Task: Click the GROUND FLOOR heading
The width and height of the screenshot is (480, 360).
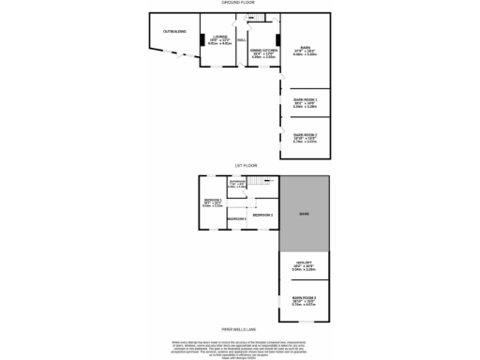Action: [240, 4]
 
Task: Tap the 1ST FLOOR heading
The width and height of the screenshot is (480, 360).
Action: [240, 167]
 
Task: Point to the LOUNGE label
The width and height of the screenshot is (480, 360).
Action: [220, 38]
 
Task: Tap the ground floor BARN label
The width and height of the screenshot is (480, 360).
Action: [305, 50]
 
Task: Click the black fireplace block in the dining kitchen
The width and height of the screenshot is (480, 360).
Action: [267, 17]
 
